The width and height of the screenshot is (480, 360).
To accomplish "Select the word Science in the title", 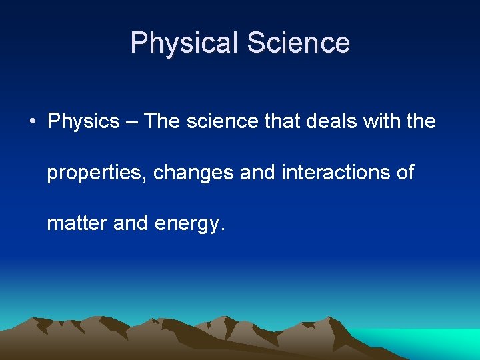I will coord(298,43).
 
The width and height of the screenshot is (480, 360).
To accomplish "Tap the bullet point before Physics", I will coord(31,122).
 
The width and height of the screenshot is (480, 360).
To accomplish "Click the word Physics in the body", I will coord(83,122).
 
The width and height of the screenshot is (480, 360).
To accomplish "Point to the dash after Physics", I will coord(131,122).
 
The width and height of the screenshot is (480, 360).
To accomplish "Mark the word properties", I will coord(97,173).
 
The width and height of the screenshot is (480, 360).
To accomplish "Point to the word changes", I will coord(193,173).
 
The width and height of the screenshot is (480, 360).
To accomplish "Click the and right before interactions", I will coord(257,173).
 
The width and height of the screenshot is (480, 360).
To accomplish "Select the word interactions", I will coord(333,173).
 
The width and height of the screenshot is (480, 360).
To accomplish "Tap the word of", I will coord(405,173).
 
